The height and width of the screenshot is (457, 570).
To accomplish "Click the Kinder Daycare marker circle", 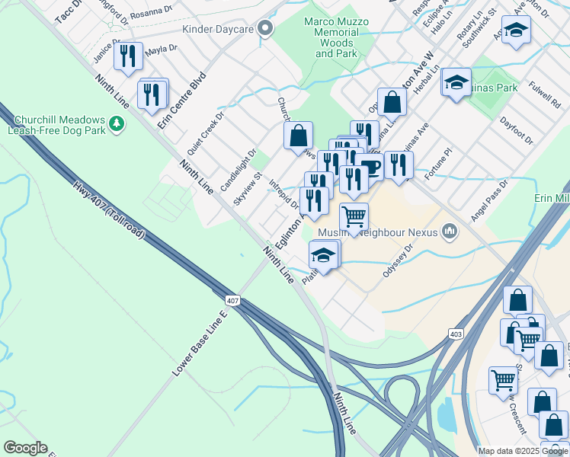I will point(265,30).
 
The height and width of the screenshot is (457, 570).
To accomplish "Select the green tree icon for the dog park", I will point(116,123).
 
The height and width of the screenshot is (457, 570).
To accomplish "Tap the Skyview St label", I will point(248,188).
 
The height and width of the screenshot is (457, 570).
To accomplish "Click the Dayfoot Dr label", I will point(516,129).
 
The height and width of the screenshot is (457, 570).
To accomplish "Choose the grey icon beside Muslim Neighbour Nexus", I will point(450,230).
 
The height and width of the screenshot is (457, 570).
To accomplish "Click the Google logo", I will point(25,448).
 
